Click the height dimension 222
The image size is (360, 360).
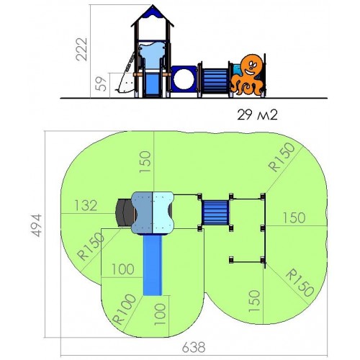(x=81, y=49)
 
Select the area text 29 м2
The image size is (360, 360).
(x=257, y=114)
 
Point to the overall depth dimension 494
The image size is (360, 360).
(x=37, y=225)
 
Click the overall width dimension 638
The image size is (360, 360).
(x=194, y=347)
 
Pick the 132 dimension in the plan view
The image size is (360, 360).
(x=86, y=206)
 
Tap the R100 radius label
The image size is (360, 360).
(x=125, y=309)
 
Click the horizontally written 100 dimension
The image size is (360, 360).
(x=123, y=269)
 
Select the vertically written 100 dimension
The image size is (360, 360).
(x=160, y=315)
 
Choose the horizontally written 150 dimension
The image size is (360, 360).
(x=294, y=218)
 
